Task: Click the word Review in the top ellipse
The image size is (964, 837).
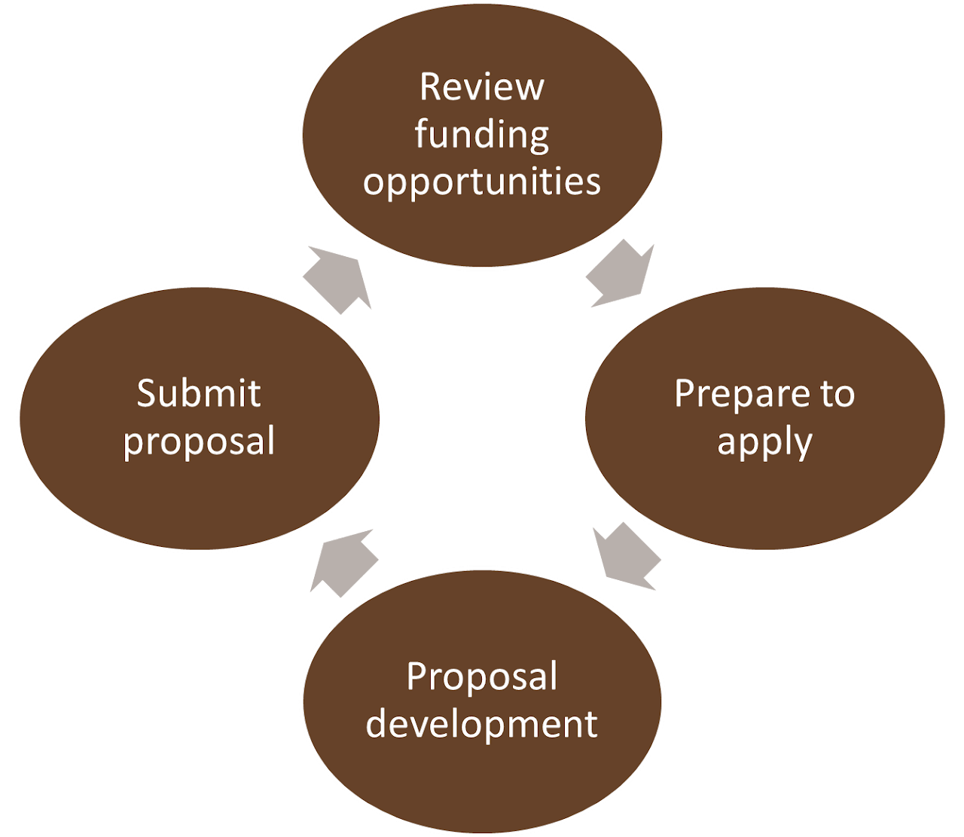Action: click(481, 87)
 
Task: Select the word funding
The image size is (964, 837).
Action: click(481, 136)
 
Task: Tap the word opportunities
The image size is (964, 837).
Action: click(482, 182)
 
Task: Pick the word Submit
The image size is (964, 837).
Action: click(199, 394)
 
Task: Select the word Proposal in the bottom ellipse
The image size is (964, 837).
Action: click(482, 677)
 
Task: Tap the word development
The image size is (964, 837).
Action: click(482, 724)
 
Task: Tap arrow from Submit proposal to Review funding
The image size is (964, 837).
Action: click(338, 279)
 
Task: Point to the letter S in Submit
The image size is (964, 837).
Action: click(146, 394)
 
